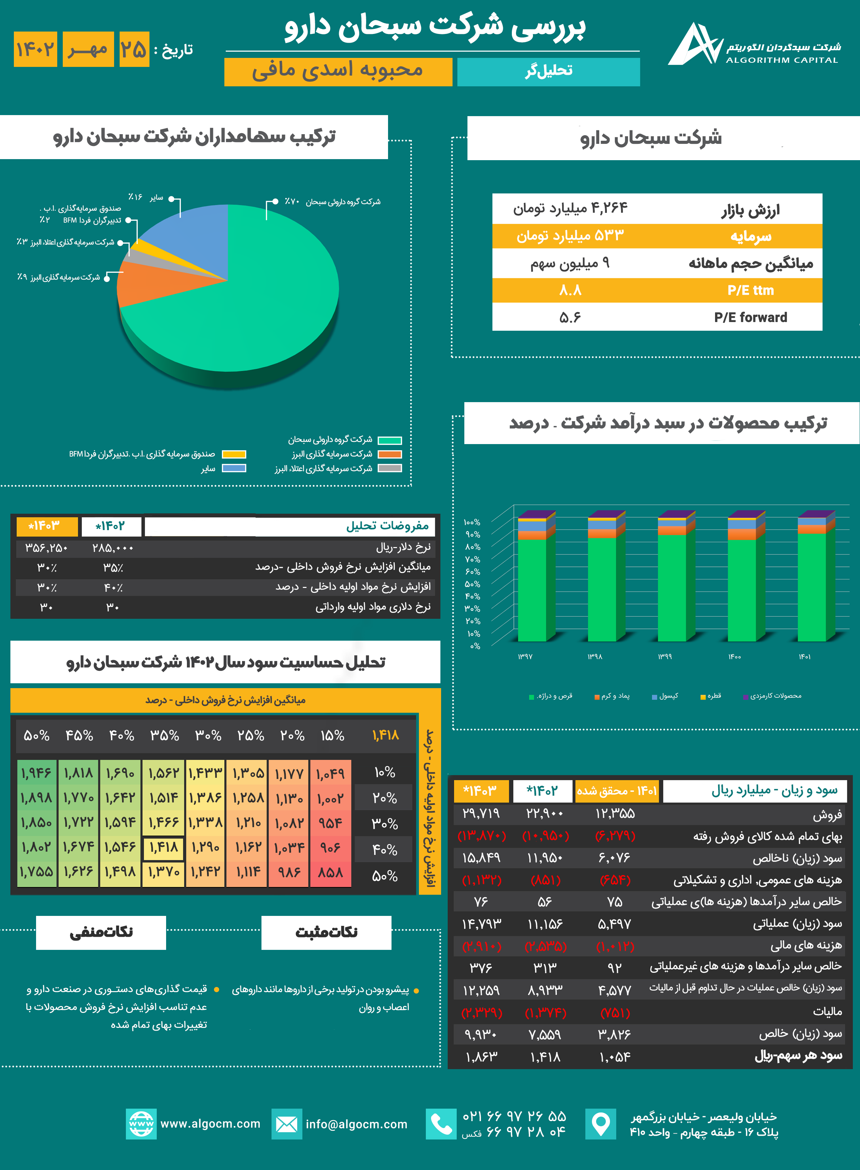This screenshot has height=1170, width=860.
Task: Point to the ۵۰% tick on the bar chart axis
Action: [472, 584]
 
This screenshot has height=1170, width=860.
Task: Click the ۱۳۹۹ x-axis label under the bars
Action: [665, 657]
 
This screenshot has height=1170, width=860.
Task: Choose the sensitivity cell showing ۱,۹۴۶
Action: [36, 773]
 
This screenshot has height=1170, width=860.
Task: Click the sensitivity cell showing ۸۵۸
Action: [330, 872]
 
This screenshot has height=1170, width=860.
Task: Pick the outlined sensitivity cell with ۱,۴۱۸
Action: [164, 847]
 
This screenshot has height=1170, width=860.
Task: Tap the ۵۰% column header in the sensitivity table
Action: [36, 735]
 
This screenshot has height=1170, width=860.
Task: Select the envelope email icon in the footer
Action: [286, 1124]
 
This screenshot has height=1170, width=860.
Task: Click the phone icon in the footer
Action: [441, 1124]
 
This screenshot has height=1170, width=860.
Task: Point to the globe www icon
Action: [141, 1124]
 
